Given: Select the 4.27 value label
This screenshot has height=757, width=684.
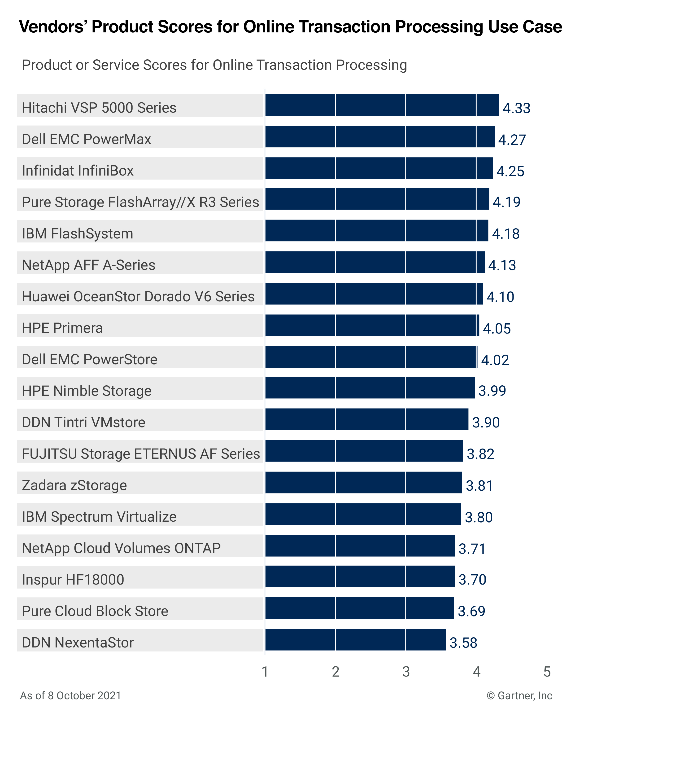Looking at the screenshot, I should (512, 140).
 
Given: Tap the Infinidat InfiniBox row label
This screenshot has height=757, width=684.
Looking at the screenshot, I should (78, 171).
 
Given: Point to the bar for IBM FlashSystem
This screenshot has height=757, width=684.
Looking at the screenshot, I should (376, 231).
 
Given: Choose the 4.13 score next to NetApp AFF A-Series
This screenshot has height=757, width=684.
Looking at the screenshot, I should (502, 265).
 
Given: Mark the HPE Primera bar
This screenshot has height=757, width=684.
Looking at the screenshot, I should (372, 325).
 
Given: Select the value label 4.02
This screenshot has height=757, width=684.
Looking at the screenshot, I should (495, 360).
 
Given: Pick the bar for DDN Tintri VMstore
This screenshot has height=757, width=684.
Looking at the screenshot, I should (366, 419).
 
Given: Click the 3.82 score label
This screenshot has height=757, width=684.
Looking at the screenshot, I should (480, 454).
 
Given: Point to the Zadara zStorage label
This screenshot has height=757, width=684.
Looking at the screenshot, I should (74, 485).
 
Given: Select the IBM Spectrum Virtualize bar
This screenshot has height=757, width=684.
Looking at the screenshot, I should (363, 514).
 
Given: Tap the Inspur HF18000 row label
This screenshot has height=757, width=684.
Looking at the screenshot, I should (73, 579).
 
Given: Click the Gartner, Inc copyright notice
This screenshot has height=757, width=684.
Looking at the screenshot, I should (519, 696).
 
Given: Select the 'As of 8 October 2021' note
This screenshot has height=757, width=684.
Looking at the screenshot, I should (70, 696).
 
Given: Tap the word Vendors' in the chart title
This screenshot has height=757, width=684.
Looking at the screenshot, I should (52, 27).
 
